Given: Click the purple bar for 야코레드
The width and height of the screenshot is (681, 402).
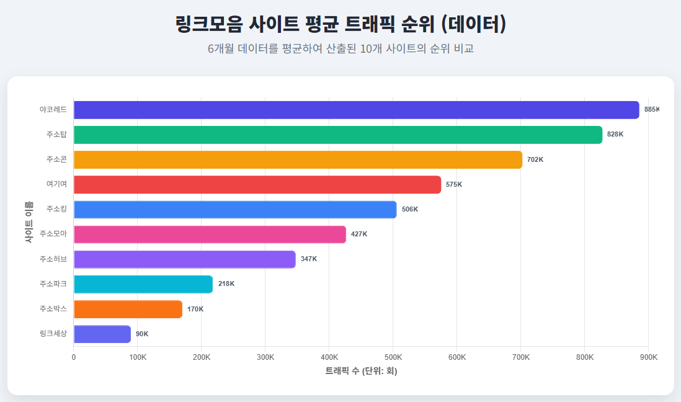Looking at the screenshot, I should [356, 110].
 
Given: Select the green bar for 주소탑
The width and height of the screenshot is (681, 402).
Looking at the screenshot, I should [338, 135].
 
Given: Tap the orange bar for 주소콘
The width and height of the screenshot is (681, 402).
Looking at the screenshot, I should [298, 159].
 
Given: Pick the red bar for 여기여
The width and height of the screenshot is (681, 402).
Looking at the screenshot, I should [257, 184].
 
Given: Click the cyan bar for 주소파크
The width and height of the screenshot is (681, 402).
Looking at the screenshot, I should [143, 284].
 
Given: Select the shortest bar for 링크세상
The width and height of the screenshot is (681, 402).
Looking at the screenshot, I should [102, 334].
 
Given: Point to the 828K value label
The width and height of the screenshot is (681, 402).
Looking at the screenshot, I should [615, 135].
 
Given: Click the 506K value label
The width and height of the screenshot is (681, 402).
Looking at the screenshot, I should [410, 209].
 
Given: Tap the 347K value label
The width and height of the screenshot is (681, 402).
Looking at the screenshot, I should [309, 259].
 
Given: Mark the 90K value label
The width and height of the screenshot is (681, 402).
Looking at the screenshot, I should [142, 334].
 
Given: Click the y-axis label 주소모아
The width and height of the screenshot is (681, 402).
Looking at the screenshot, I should [53, 234].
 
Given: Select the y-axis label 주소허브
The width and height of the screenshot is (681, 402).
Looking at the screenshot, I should [53, 259].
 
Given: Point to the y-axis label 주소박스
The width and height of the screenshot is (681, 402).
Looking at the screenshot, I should [53, 308].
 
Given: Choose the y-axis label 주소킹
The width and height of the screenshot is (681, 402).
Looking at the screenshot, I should [56, 209].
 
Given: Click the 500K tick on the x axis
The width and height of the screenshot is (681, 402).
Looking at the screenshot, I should [393, 357].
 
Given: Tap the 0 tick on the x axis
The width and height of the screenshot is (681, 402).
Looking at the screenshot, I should [74, 357].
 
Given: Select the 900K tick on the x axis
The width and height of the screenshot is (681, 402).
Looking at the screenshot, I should [648, 357].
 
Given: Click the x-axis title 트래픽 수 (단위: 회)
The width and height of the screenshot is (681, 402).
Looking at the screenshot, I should [361, 371].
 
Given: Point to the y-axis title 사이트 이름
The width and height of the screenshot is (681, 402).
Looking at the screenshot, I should [29, 221].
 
